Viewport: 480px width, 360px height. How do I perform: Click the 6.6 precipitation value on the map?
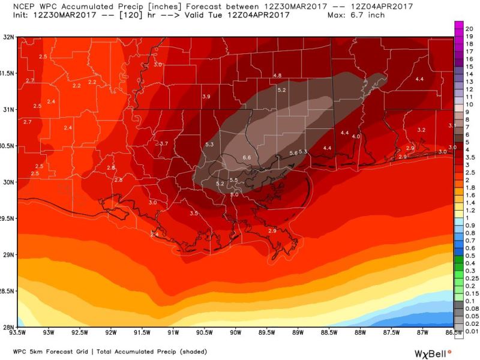click(246, 157)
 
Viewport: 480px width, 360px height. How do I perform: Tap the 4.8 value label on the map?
click(277, 75)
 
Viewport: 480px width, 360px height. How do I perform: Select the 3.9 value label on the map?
click(206, 97)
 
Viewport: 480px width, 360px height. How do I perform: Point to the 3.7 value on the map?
click(164, 143)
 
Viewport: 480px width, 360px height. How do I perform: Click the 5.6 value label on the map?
click(293, 153)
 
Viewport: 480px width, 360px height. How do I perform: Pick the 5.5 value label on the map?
click(234, 180)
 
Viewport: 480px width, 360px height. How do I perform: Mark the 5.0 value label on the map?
click(235, 194)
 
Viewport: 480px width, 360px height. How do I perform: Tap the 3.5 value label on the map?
click(194, 213)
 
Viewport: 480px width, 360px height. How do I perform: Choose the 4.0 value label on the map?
click(356, 137)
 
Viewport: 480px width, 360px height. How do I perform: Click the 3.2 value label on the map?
click(421, 130)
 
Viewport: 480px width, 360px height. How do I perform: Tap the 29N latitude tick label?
click(8, 255)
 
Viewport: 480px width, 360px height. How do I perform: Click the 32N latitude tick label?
click(8, 37)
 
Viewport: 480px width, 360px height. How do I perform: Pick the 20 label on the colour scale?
click(470, 28)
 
